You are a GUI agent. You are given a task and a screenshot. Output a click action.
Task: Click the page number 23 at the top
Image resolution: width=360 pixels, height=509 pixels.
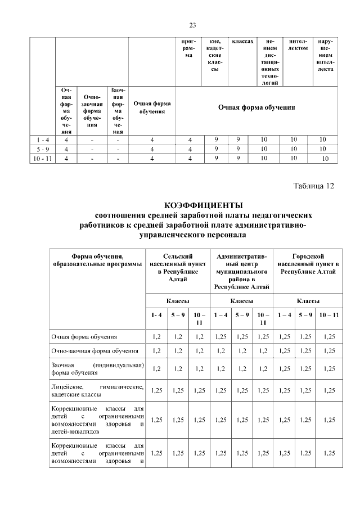(192, 25)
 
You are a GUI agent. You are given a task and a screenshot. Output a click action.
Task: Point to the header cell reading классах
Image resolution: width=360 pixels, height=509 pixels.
(242, 42)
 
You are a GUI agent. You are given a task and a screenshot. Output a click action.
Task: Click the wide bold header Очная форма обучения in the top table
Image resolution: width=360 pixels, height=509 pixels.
(256, 107)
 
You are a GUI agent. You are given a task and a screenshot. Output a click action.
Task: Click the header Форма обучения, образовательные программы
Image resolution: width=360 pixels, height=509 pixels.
(97, 260)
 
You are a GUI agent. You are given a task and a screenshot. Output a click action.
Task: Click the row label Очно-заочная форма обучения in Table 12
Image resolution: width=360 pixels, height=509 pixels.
(94, 351)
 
